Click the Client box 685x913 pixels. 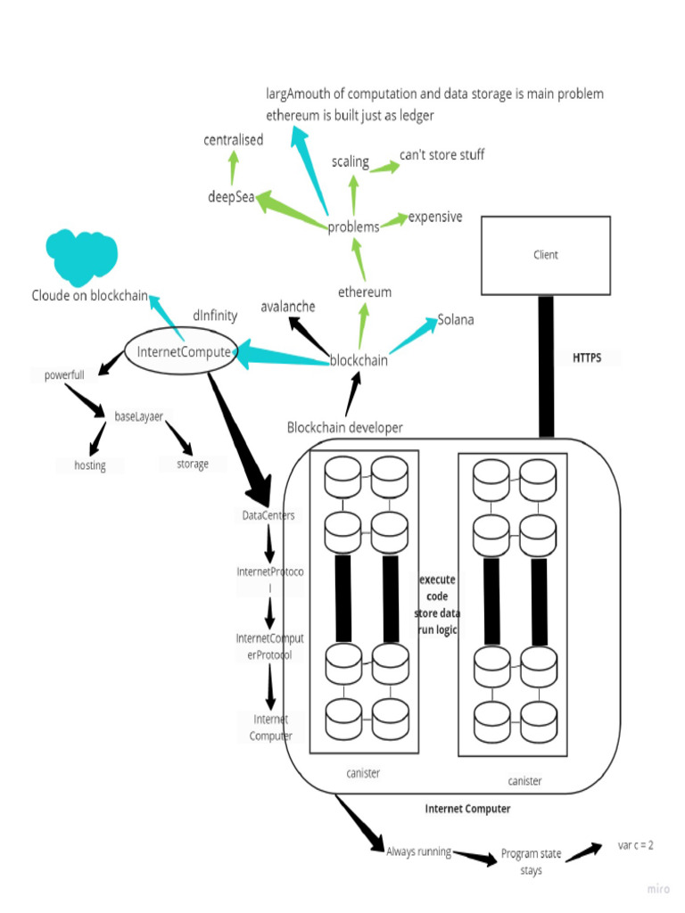[546, 255]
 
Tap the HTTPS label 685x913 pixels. [586, 358]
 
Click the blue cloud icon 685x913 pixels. [82, 256]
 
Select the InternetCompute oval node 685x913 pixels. [183, 352]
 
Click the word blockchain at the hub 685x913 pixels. [359, 360]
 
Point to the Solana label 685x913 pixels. [456, 320]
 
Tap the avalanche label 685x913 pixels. [287, 307]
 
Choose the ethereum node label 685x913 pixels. [364, 292]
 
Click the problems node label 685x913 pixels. [353, 227]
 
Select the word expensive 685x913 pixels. [435, 217]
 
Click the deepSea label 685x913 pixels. [231, 197]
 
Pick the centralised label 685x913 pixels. [233, 140]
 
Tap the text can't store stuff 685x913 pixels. [442, 155]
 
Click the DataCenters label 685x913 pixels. [268, 515]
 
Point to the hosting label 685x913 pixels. [90, 465]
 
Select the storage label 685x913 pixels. [193, 464]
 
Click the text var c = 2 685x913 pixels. [635, 844]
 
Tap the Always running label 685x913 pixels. [418, 851]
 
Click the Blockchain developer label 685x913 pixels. [344, 428]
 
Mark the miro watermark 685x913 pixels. [658, 889]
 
